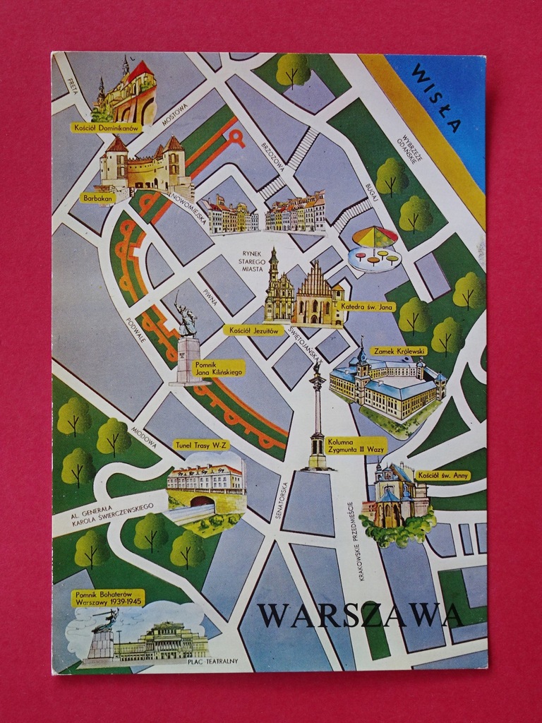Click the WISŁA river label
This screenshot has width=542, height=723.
[x=436, y=98]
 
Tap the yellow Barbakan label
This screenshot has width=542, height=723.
[x=97, y=198]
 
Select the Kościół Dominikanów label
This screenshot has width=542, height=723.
[x=106, y=128]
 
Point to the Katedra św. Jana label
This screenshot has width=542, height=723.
[x=367, y=306]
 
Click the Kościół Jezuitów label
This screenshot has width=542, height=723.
[x=253, y=330]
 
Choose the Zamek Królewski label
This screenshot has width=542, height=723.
[x=399, y=350]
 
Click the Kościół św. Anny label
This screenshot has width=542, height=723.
[x=442, y=475]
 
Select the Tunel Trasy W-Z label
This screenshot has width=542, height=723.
[x=201, y=445]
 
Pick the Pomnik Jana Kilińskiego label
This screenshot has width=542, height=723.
[x=210, y=368]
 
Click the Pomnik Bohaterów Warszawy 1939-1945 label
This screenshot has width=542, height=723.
[x=107, y=598]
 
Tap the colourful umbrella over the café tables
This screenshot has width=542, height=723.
[x=374, y=237]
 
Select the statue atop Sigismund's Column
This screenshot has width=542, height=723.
[x=318, y=366]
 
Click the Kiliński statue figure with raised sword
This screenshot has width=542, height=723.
[x=186, y=318]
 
